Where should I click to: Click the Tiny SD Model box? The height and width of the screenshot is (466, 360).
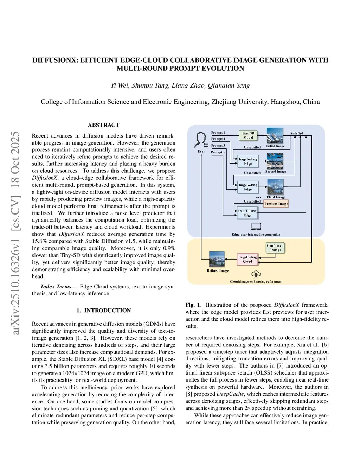point(248,135)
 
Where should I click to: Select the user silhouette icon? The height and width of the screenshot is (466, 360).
point(201,140)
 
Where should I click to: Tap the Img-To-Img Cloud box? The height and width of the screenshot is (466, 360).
point(247,259)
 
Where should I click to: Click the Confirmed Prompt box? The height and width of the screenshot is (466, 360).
point(275,248)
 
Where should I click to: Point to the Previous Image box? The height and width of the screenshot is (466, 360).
point(276,204)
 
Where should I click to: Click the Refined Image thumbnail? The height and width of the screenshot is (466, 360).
point(218,260)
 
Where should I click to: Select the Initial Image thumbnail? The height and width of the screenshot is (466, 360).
point(275,136)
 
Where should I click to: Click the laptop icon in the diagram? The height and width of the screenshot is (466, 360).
point(256,226)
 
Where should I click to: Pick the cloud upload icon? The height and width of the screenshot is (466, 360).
point(256,274)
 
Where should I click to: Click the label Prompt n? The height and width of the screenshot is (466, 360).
point(218,152)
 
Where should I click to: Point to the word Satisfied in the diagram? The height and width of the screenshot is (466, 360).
point(296,133)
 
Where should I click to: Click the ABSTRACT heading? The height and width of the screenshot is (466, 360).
point(103,125)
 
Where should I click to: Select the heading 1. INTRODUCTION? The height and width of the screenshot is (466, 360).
point(103,311)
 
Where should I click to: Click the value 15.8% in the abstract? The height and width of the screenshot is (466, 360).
point(38,241)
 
